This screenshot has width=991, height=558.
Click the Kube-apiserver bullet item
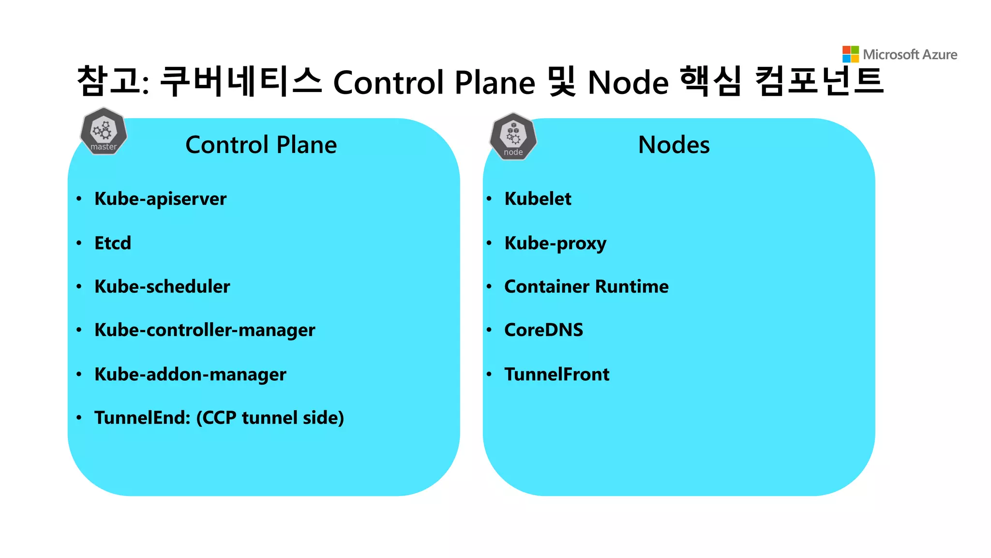[160, 199]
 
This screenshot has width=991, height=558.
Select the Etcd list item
[113, 243]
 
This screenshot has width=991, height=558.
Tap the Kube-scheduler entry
[162, 287]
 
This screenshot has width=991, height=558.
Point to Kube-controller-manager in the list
[205, 330]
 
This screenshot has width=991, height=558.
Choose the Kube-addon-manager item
[190, 374]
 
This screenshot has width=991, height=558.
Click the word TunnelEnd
[142, 418]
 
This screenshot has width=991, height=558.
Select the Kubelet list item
[538, 199]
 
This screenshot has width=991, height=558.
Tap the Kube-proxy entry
[555, 243]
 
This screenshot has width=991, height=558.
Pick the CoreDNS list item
[543, 330]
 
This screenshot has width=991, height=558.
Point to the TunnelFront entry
[556, 374]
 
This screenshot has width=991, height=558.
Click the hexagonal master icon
[104, 131]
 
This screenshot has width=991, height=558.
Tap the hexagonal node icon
[513, 137]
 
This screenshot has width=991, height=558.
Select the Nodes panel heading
[674, 145]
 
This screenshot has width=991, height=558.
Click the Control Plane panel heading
[261, 145]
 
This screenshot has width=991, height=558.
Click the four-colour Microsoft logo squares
[850, 54]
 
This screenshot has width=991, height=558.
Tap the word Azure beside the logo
[940, 55]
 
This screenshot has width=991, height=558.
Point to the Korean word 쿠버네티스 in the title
[240, 81]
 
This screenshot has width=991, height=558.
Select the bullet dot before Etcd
[79, 243]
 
